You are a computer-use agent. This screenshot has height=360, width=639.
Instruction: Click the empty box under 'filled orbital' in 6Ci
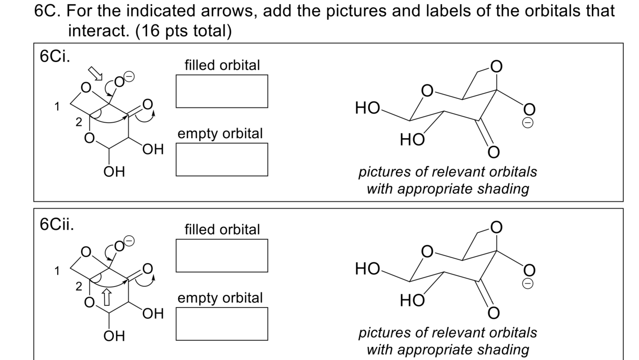click(x=222, y=91)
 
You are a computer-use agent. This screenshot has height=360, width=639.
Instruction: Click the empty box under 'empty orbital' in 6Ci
click(x=222, y=159)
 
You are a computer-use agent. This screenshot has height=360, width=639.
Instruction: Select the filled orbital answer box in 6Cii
click(x=222, y=255)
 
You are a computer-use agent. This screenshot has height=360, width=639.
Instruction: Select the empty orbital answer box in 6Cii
click(x=222, y=324)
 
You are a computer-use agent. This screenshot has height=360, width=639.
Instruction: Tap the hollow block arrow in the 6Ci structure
click(x=96, y=73)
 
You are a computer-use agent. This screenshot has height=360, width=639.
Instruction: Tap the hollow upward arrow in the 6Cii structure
click(x=107, y=296)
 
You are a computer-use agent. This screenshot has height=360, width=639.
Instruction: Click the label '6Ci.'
click(x=55, y=56)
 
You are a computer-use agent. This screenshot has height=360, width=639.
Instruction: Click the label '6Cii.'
click(x=57, y=224)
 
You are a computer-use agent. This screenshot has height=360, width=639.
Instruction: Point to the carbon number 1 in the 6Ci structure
click(x=57, y=107)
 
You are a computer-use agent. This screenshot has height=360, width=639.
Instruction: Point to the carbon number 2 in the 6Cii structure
click(x=79, y=286)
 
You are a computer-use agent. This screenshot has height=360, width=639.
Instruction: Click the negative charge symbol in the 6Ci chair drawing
click(x=527, y=123)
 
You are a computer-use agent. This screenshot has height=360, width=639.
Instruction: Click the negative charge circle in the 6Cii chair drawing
click(x=527, y=284)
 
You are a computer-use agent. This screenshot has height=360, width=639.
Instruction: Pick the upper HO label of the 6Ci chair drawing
click(x=367, y=108)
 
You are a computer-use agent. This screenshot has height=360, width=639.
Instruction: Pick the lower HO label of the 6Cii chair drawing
click(x=412, y=300)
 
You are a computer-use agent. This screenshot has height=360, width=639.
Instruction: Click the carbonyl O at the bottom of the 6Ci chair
click(x=494, y=152)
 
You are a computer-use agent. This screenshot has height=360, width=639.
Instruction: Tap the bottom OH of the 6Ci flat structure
click(x=114, y=172)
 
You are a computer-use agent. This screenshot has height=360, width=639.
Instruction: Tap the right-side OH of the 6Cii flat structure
click(x=153, y=313)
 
